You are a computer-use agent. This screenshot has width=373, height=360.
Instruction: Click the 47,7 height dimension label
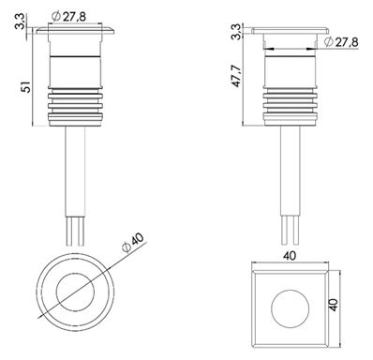tap(236, 76)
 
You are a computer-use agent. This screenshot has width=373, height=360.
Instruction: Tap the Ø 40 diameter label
tap(133, 243)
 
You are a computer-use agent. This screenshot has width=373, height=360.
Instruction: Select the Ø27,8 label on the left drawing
tap(69, 17)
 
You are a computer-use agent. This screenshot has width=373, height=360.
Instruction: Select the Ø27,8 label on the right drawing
tap(341, 41)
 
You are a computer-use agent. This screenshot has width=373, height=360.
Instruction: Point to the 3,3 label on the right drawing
tap(237, 32)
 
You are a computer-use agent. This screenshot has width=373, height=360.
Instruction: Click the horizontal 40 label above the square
tap(290, 256)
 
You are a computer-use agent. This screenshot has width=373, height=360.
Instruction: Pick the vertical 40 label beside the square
tap(334, 305)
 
